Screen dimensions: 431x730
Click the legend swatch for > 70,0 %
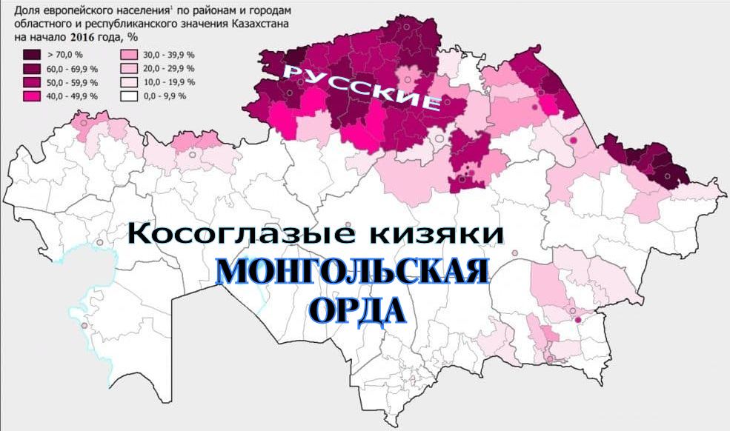point(33,54)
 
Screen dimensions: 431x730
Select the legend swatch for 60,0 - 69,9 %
point(33,68)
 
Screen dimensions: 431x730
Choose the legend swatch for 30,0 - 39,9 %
point(130,54)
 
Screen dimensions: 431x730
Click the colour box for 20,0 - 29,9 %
point(130,68)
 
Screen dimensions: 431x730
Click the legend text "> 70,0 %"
point(65,54)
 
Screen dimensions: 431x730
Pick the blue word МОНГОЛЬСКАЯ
point(353,273)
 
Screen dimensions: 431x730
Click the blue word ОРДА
point(356,310)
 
